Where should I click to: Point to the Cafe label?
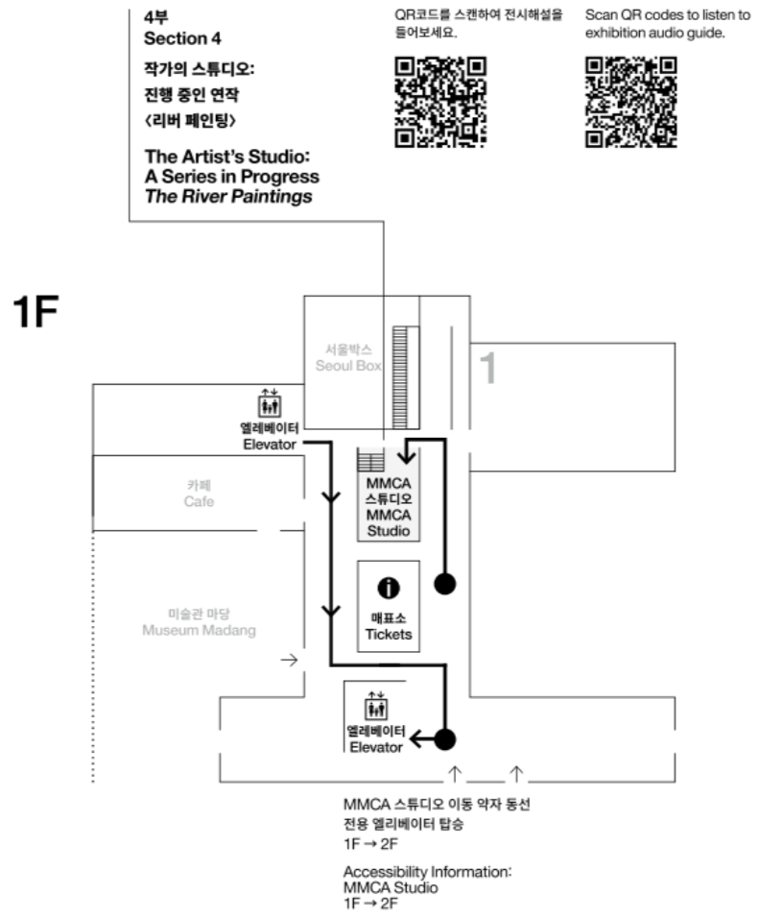pos(200,495)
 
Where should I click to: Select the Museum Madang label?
pos(200,622)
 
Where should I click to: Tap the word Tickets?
pos(389,635)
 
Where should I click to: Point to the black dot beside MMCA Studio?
pos(446,583)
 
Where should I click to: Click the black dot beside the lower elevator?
pos(444,740)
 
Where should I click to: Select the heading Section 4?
pos(176,38)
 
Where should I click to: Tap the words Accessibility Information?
pos(427,871)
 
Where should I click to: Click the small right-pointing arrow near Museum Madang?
pos(288,660)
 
